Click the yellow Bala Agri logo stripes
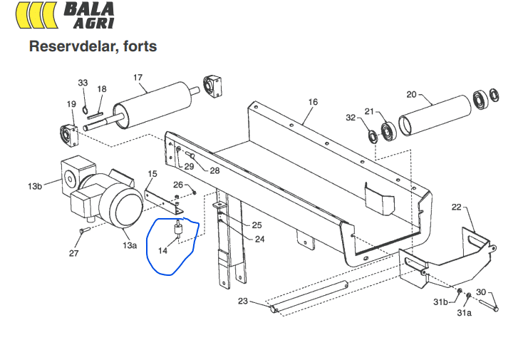[36, 15]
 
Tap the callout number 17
[138, 78]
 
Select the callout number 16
[313, 102]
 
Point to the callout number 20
[411, 95]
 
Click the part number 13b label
[35, 186]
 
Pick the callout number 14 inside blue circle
[162, 250]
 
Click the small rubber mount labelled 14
[178, 230]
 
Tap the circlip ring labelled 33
[85, 110]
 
